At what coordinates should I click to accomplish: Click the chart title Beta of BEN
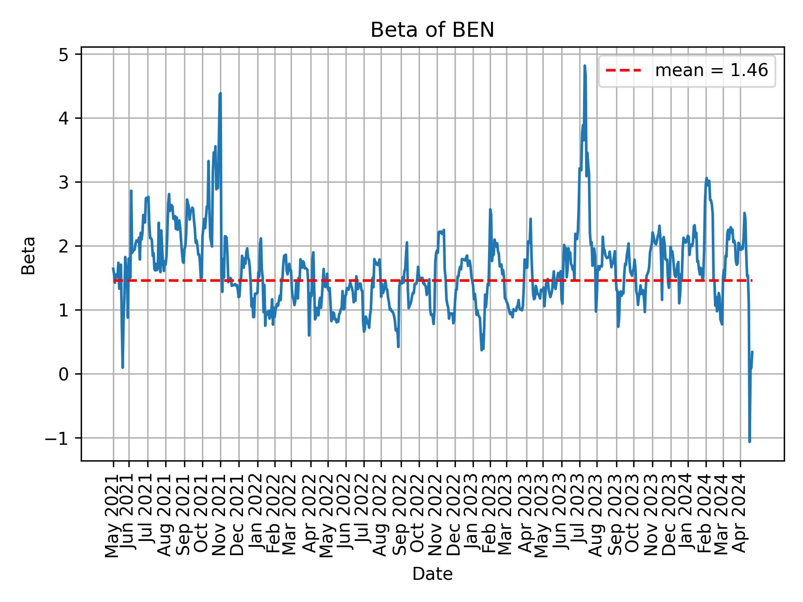[432, 30]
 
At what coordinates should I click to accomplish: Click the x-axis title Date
[432, 574]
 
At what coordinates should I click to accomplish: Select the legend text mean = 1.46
[711, 71]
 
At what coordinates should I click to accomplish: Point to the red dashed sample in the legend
[623, 71]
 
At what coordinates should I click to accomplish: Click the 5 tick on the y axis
[64, 54]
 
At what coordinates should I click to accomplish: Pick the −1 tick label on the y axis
[59, 438]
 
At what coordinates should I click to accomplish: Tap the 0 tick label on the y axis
[64, 374]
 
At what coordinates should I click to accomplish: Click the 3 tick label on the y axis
[64, 182]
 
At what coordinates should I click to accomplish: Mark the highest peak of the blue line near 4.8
[584, 66]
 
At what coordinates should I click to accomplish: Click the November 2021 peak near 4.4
[220, 94]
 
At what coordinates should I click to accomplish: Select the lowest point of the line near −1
[749, 441]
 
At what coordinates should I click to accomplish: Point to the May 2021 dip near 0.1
[123, 367]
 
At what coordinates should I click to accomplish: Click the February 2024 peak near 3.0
[706, 179]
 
